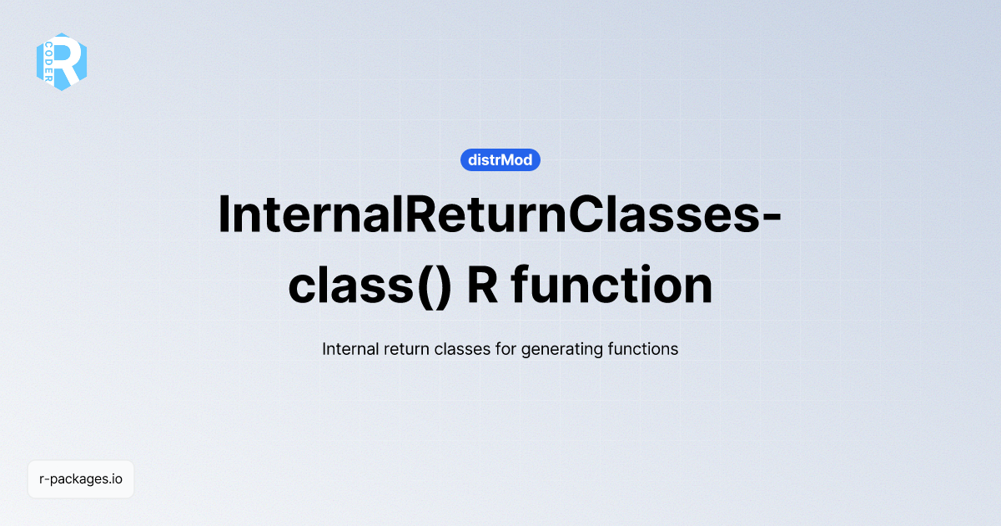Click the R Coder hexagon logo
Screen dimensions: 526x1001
(62, 62)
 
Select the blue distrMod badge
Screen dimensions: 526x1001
(500, 159)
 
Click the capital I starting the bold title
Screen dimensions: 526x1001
(224, 215)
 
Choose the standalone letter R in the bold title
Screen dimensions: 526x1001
(482, 286)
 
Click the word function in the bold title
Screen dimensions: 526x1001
(612, 286)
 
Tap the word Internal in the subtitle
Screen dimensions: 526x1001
(350, 349)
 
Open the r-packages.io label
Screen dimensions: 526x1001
(81, 479)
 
